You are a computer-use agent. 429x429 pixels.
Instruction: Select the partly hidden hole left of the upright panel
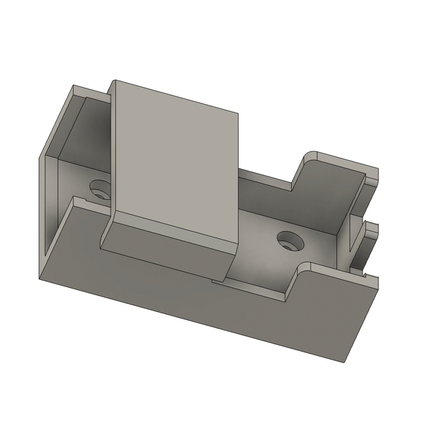(x=100, y=189)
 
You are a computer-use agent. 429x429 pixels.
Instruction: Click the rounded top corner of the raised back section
(x=307, y=157)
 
